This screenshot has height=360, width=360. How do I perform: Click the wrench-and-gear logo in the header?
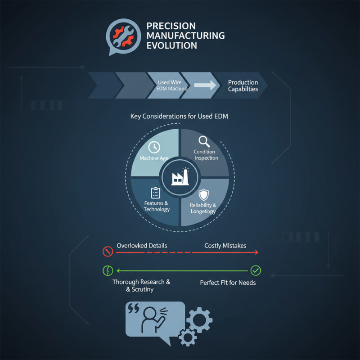[123, 37]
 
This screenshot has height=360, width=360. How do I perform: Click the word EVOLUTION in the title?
[172, 45]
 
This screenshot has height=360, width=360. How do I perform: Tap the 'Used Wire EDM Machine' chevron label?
[172, 85]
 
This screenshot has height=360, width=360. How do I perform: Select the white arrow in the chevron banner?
[205, 85]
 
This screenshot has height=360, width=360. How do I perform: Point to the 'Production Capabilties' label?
[243, 85]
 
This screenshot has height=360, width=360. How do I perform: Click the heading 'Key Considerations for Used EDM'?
[179, 116]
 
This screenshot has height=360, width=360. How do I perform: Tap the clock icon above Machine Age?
[154, 147]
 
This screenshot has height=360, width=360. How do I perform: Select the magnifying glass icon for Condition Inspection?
[204, 141]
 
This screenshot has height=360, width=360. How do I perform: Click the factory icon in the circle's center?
[180, 176]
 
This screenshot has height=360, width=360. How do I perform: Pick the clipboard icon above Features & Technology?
[155, 193]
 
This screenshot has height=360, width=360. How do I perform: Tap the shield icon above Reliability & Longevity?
[204, 195]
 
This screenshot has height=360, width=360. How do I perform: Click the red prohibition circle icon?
[108, 252]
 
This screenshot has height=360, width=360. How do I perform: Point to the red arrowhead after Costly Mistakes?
[256, 252]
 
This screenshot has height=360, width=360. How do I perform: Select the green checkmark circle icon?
[256, 270]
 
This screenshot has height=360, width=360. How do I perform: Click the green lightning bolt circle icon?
[108, 270]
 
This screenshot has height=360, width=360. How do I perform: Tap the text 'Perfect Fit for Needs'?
[228, 283]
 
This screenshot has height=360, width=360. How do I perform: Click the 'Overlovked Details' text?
[142, 246]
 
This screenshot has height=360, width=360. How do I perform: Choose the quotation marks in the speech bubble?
[133, 308]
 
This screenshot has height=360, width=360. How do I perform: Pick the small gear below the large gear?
[188, 337]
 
